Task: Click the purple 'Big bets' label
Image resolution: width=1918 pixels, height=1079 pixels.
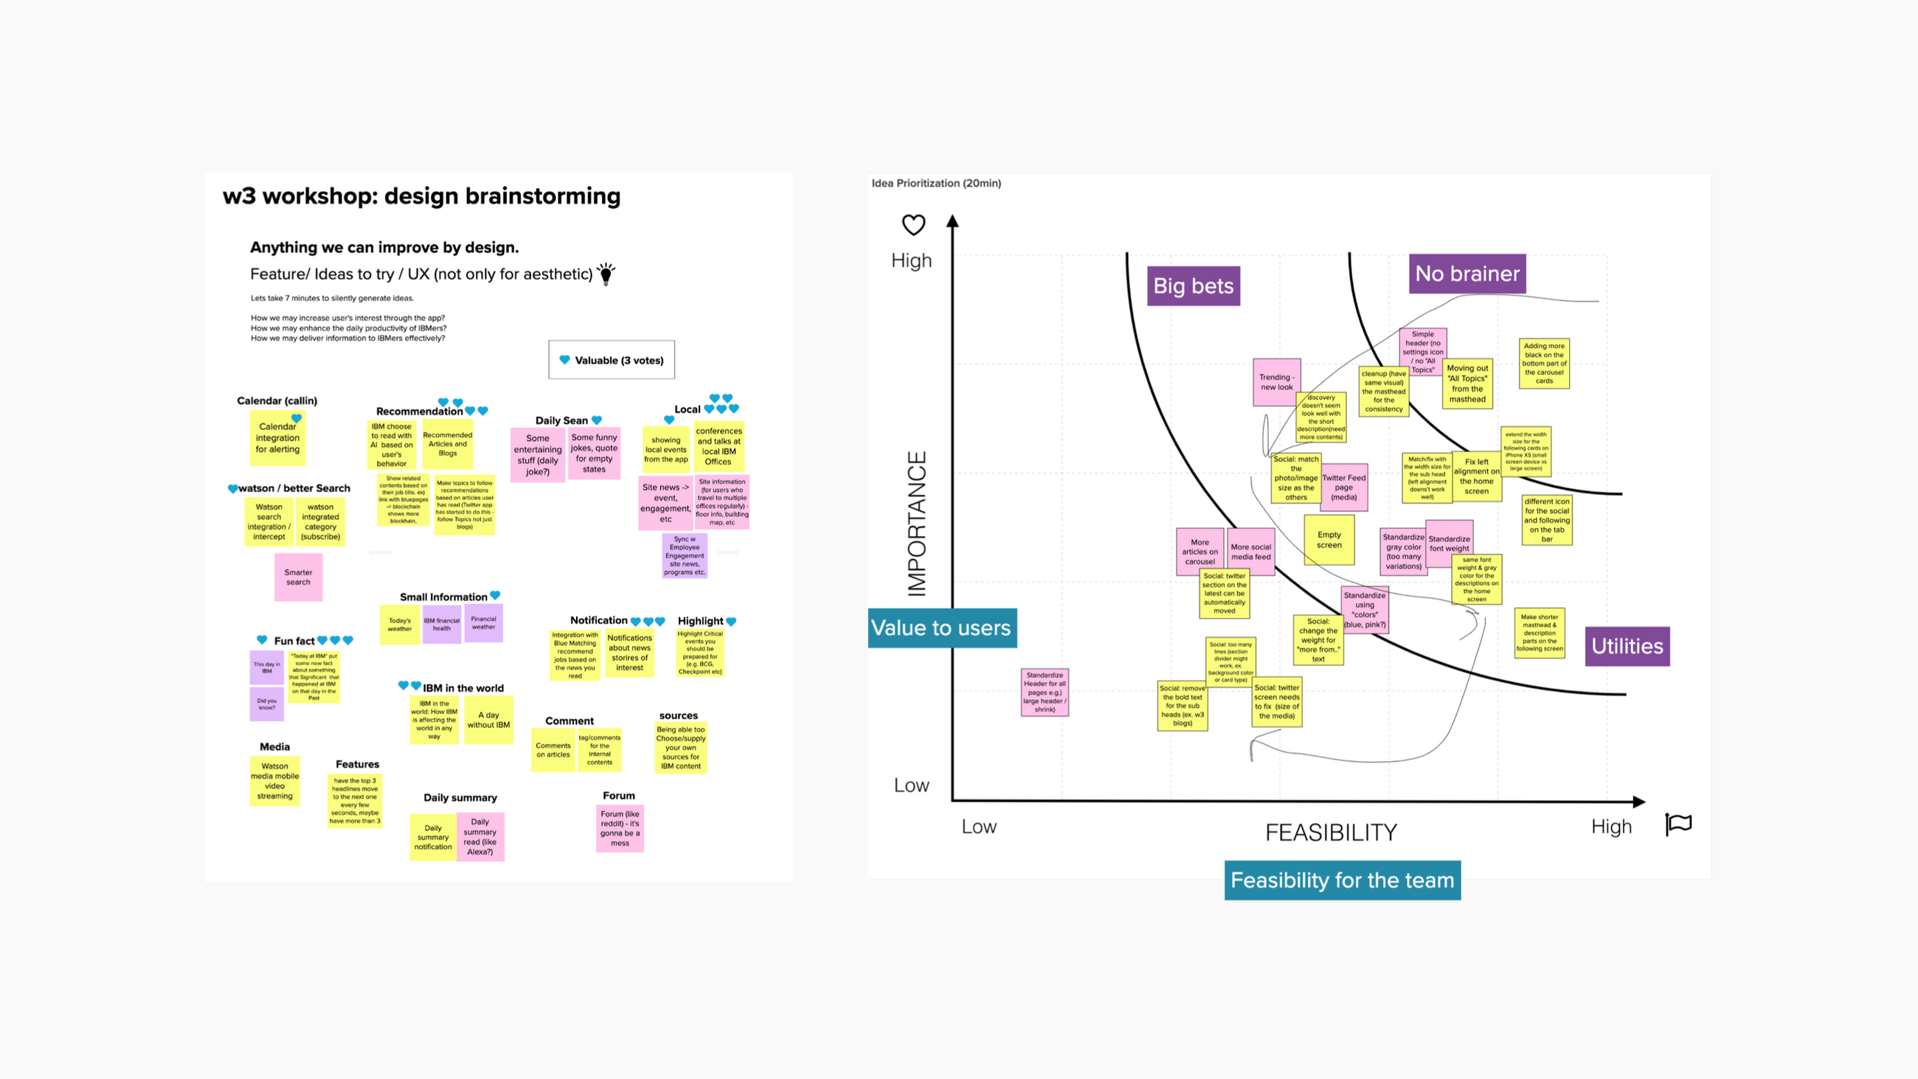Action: click(1193, 286)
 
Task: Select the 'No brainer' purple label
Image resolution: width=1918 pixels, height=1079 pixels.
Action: click(1467, 274)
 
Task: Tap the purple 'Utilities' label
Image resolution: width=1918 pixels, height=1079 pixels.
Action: click(1627, 645)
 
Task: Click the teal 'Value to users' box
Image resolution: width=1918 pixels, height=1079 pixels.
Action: click(941, 628)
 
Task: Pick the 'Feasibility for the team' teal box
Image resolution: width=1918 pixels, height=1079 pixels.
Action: click(1342, 880)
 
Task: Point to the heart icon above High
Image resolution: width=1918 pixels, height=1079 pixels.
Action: click(913, 224)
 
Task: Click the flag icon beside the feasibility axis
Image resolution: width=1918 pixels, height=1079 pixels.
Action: click(1678, 824)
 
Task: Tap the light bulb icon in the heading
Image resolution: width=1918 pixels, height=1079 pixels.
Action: click(606, 274)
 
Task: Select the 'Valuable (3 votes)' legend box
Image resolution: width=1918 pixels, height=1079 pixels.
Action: click(612, 361)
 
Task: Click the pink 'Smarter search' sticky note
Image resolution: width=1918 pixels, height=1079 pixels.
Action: click(298, 577)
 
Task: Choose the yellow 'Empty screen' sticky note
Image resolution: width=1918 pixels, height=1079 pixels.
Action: click(1329, 540)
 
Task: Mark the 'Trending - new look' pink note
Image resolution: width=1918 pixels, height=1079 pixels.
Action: click(1276, 382)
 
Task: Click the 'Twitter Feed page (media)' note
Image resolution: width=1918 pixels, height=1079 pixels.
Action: click(1344, 488)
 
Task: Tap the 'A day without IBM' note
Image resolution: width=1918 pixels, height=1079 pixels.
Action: click(488, 719)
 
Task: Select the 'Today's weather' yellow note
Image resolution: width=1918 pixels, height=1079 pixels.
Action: click(399, 624)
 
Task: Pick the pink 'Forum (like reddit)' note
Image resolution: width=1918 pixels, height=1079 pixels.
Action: click(620, 828)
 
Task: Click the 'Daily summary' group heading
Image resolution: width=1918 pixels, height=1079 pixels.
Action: click(460, 797)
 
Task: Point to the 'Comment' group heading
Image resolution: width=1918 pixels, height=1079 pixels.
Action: click(569, 721)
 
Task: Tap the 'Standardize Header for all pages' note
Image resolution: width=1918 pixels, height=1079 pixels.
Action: click(1044, 693)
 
